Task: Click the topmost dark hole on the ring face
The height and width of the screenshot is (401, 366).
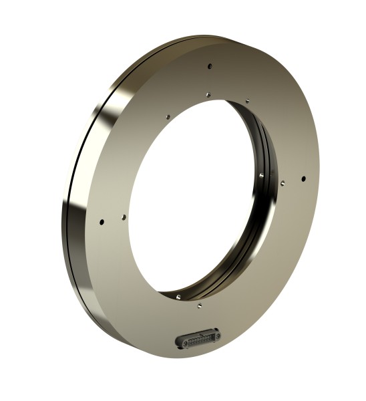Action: point(210,66)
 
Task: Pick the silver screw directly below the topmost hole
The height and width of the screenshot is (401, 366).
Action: point(208,94)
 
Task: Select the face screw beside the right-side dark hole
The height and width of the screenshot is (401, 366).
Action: point(283,180)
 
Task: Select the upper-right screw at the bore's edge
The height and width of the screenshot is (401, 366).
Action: point(247,101)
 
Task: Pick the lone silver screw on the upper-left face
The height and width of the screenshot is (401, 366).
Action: point(168,116)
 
